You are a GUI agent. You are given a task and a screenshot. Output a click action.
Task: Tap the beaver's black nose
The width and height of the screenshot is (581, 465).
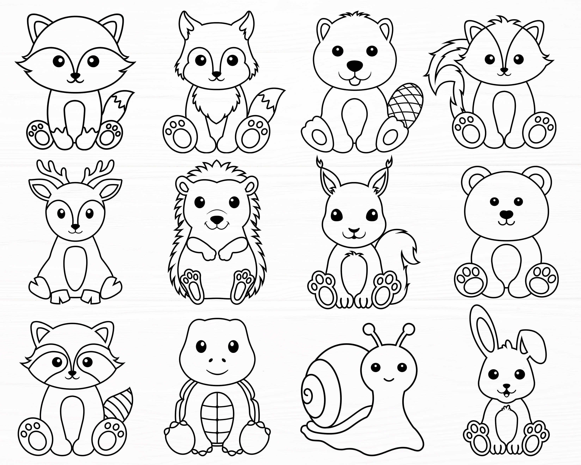click(x=354, y=65)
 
